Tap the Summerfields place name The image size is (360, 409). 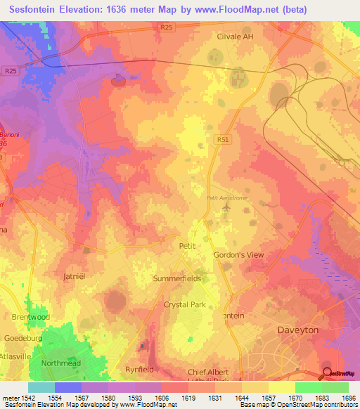pos(177,278)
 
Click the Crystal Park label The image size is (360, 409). pos(185,304)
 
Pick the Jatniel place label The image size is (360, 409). pos(74,276)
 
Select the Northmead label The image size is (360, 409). pos(62,363)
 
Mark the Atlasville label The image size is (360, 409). pos(13,356)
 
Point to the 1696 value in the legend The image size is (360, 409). pos(349,398)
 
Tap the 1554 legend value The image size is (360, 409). pos(55,398)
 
